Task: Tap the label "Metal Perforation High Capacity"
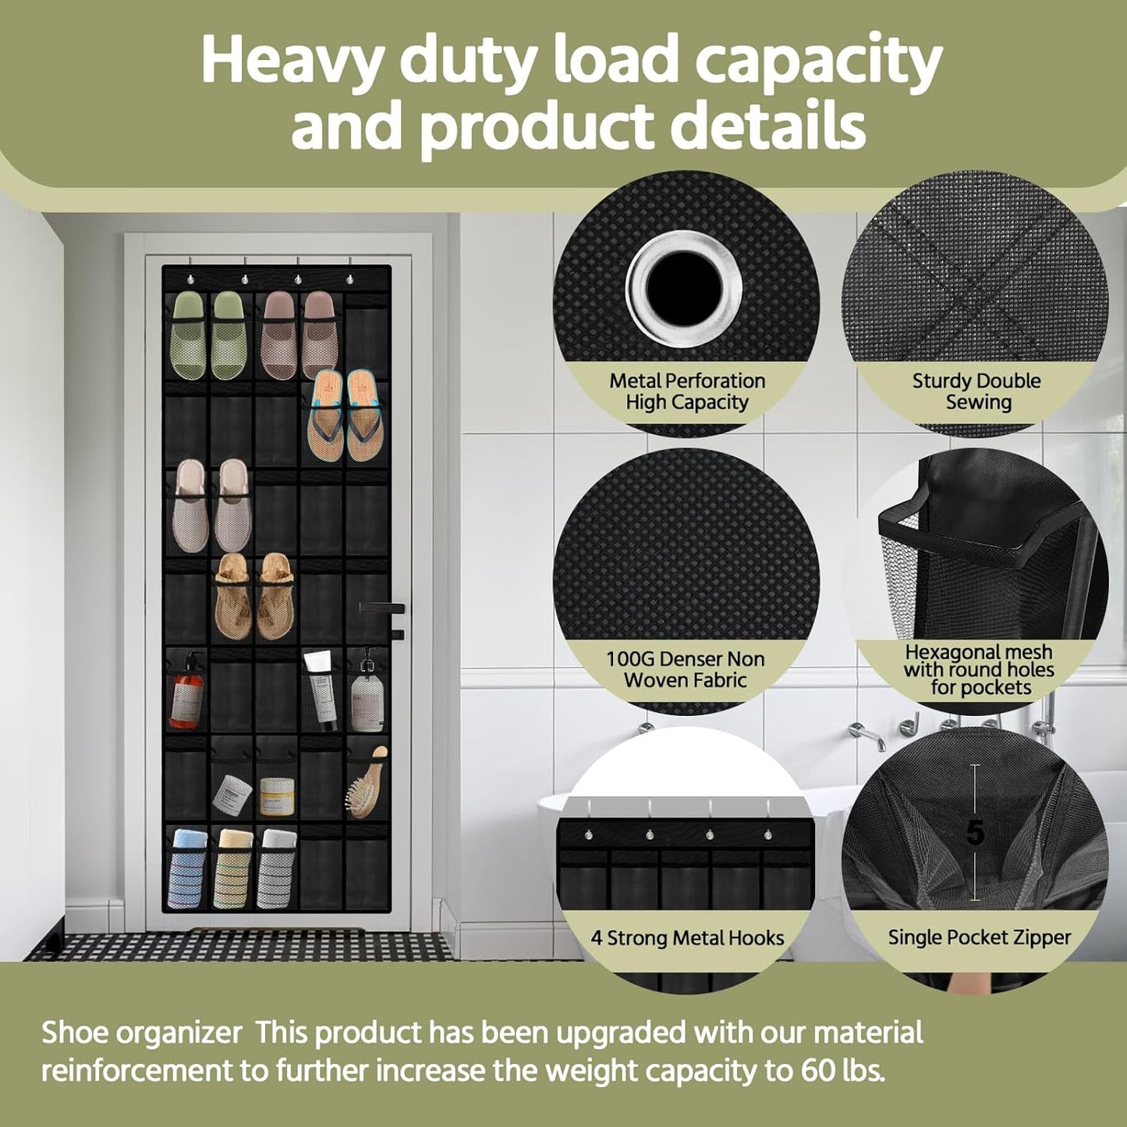[687, 392]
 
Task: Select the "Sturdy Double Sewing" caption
[976, 392]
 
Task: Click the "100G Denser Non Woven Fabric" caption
[686, 669]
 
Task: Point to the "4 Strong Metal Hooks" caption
[687, 937]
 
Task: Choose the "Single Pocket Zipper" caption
[980, 937]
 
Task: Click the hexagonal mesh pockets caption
[979, 669]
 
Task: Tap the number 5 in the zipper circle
[975, 833]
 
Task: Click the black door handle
[382, 608]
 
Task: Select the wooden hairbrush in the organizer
[367, 784]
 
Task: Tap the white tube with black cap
[320, 686]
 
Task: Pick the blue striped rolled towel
[187, 867]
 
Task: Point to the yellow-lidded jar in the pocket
[277, 794]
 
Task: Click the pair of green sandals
[208, 334]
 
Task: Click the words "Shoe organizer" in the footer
[141, 1033]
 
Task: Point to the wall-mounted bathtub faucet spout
[866, 734]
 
